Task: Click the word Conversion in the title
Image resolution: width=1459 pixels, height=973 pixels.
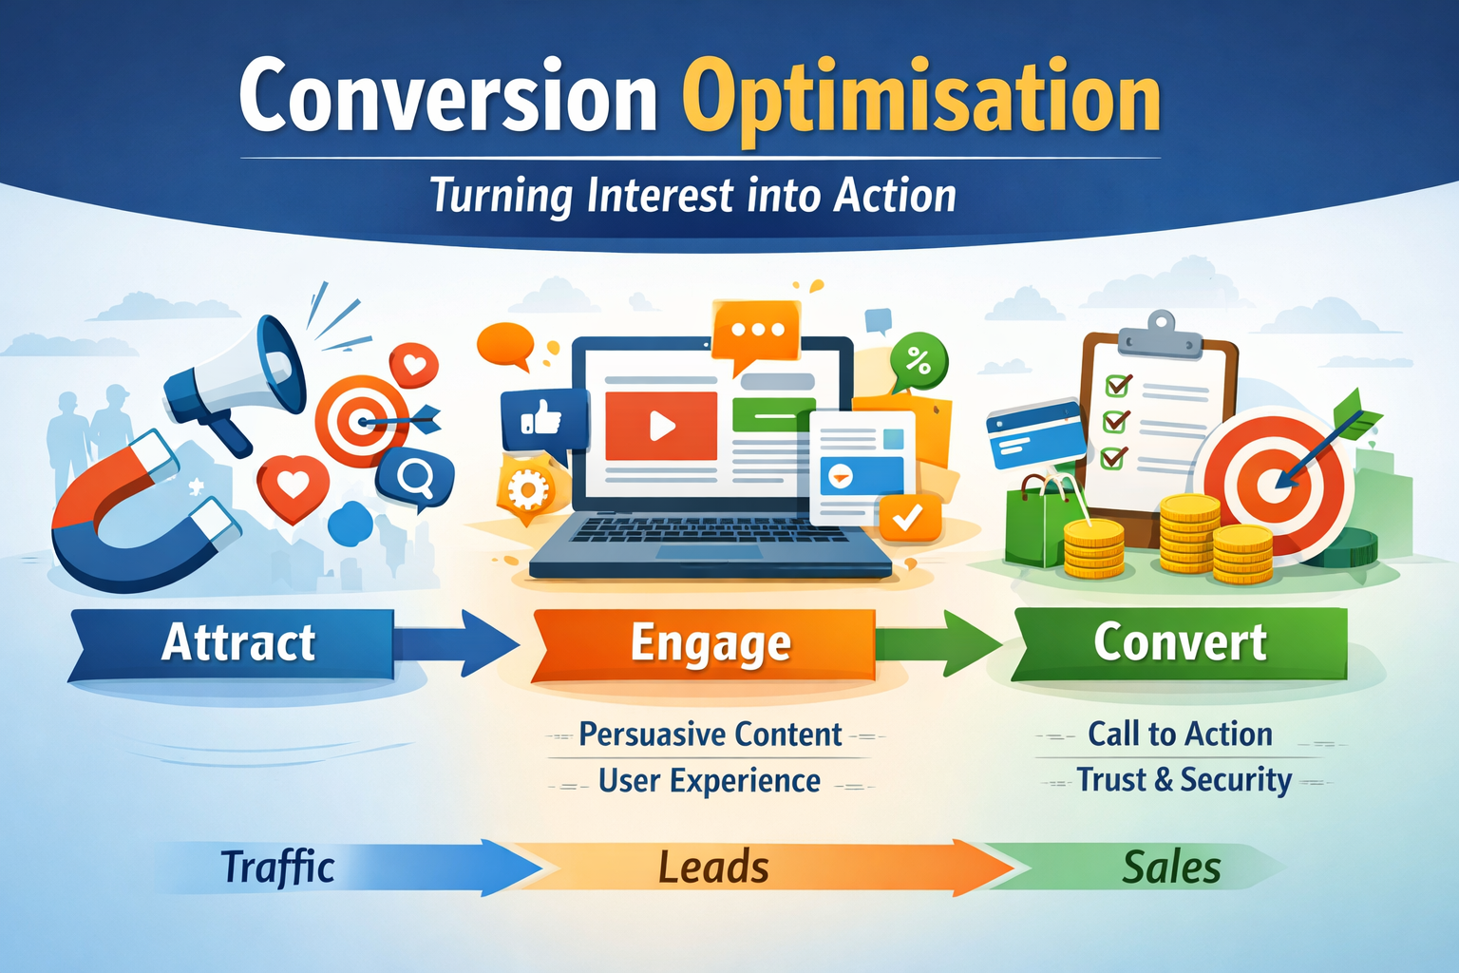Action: [448, 96]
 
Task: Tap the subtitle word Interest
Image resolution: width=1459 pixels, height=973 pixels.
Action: [659, 196]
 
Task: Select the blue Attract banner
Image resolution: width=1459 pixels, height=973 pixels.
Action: [231, 644]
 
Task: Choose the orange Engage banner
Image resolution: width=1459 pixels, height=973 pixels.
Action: [704, 644]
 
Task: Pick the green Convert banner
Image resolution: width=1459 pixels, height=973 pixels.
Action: [1180, 644]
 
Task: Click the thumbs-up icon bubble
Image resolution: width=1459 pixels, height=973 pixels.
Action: [543, 419]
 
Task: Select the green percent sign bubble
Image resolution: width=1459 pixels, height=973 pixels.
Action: [919, 360]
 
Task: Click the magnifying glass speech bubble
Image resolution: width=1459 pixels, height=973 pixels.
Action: [415, 479]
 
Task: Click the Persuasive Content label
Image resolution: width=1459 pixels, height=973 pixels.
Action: [710, 735]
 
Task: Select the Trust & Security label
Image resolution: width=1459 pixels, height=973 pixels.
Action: [1184, 780]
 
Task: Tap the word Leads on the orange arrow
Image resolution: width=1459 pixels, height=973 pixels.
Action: [713, 868]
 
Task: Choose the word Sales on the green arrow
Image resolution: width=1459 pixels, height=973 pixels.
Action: [1172, 868]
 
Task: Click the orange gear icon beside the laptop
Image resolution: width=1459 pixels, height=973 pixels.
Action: [526, 490]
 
